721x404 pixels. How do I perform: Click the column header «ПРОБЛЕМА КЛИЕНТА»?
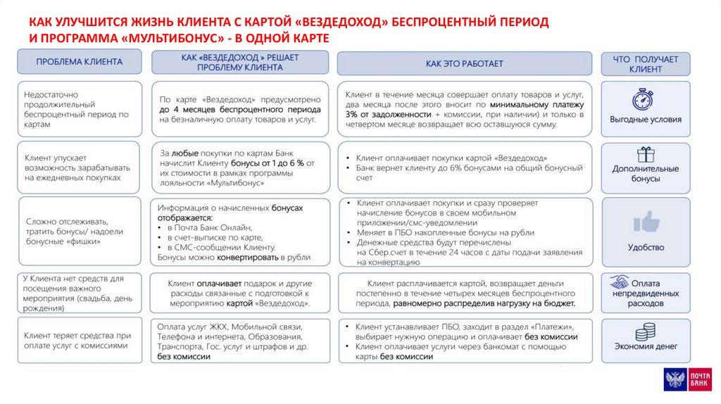(x=79, y=62)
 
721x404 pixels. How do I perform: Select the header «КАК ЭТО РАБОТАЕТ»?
(x=464, y=63)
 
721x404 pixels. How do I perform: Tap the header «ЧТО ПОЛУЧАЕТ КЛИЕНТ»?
(x=645, y=64)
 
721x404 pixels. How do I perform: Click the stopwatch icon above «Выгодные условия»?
(x=644, y=99)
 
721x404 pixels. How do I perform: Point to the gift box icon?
(x=645, y=154)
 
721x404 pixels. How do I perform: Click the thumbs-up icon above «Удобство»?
(x=645, y=222)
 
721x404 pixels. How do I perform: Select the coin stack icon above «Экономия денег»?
(x=645, y=332)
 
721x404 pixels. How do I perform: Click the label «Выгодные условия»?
(x=645, y=120)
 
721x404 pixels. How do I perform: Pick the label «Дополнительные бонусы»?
(x=645, y=174)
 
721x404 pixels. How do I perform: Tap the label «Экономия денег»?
(x=645, y=346)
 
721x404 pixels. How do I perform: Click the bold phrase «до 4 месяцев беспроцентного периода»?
(x=240, y=111)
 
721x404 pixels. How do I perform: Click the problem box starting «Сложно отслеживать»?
(x=79, y=232)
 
